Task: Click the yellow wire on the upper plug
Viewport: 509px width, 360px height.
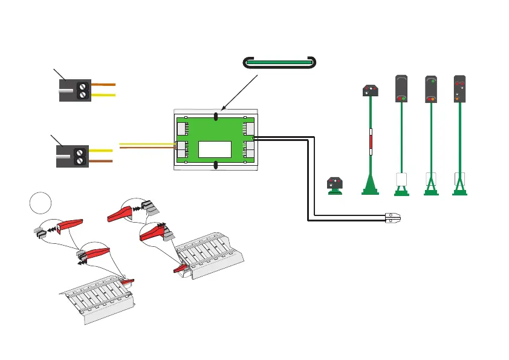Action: click(x=104, y=95)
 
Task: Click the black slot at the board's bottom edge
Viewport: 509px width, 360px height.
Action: click(x=216, y=164)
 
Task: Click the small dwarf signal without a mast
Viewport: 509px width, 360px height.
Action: click(x=334, y=185)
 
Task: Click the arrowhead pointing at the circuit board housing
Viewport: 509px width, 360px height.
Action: click(x=223, y=110)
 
